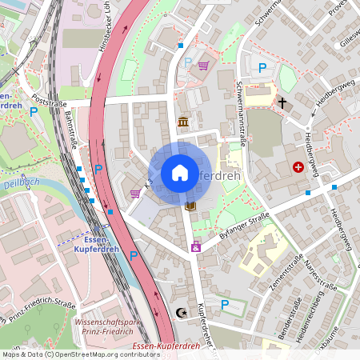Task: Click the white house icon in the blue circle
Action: click(180, 173)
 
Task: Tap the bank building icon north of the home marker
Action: click(183, 122)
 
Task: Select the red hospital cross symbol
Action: click(298, 167)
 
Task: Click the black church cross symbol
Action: click(282, 102)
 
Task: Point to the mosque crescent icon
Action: click(180, 313)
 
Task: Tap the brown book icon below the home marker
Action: click(190, 206)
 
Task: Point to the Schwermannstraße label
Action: click(240, 111)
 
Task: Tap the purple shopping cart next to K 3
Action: click(134, 193)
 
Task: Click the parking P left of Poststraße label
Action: click(34, 112)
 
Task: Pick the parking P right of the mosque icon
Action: click(225, 304)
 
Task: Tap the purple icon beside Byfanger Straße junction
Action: click(195, 248)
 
